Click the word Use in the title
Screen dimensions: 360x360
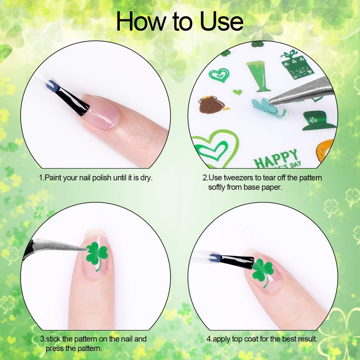click(x=221, y=21)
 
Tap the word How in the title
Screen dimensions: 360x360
click(x=141, y=21)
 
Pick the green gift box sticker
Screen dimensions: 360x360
click(x=297, y=65)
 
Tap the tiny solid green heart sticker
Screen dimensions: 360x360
click(x=238, y=92)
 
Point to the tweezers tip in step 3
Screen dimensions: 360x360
click(x=87, y=249)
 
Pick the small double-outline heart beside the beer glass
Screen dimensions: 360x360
click(x=219, y=75)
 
